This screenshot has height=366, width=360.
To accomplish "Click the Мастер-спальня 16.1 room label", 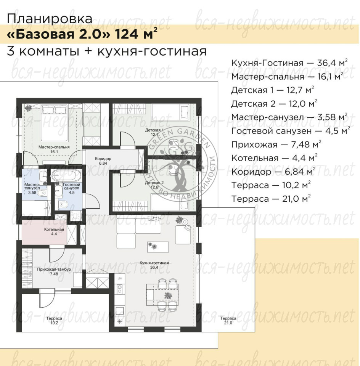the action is point(54,149).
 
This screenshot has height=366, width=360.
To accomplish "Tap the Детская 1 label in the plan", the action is point(154,132).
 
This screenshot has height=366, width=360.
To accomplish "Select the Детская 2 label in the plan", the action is point(154,185).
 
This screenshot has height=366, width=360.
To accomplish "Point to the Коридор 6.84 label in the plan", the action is point(103,161).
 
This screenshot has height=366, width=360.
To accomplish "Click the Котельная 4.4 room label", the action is point(54,231).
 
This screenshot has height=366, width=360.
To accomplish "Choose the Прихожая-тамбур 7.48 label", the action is point(54,271).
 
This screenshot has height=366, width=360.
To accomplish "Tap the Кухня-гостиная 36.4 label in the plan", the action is point(154,265).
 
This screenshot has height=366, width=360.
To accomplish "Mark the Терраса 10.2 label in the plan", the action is point(54,321).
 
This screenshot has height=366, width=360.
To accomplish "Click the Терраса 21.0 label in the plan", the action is point(228,321).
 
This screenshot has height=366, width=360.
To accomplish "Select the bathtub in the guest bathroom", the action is point(66,175).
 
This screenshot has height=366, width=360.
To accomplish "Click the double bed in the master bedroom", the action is point(55,123).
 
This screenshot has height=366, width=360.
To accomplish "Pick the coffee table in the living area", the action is point(158,247).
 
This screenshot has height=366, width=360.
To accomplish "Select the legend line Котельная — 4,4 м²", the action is point(274,158).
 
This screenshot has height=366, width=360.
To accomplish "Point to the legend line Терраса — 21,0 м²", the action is point(271,199).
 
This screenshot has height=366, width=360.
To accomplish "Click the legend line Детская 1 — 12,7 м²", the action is point(272,90).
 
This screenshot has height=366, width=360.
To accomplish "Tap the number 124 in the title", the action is point(126,34).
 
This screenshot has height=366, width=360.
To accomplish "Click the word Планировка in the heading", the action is point(50,19).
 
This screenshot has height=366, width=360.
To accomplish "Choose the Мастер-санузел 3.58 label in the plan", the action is point(32,188).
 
